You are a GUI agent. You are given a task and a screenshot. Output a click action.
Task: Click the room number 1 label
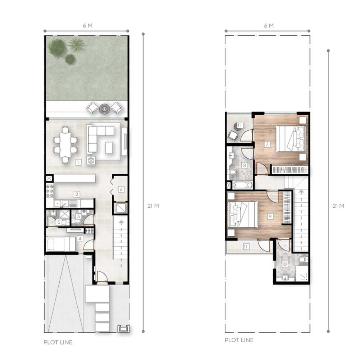pos(78,162)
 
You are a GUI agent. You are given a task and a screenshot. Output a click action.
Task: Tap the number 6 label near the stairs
pos(121,189)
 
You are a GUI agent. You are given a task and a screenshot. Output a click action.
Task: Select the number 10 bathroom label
pos(284,264)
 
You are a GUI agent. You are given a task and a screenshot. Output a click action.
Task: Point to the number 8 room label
pos(245,166)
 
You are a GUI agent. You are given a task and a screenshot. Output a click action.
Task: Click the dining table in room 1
pos(65,144)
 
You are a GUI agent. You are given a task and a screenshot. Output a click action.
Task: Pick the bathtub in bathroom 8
pos(242,185)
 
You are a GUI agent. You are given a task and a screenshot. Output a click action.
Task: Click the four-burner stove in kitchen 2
pos(50,191)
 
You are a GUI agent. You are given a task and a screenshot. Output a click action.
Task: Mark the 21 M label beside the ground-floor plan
pos(153,206)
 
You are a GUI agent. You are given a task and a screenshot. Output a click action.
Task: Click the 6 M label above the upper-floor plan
pos(268,26)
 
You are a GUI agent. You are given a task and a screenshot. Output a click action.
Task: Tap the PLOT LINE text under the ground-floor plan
pos(58,342)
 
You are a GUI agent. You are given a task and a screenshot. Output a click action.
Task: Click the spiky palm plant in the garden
pos(77,45)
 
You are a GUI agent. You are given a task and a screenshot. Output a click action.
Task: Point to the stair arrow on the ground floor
pos(121,238)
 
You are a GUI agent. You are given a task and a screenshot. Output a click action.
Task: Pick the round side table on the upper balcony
pos(238,126)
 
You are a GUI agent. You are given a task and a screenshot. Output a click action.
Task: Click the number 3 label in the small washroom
pos(78,217)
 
